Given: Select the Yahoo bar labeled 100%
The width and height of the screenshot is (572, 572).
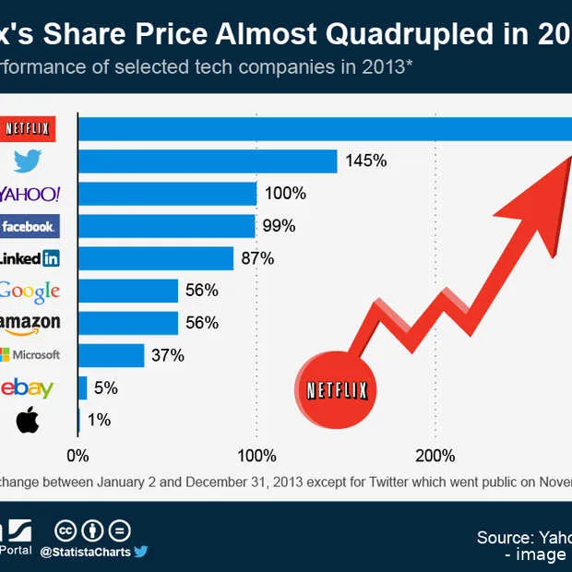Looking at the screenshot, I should pyautogui.click(x=167, y=194).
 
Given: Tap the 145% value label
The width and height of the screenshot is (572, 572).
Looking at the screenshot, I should pyautogui.click(x=365, y=161).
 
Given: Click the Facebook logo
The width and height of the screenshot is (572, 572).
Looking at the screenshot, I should pyautogui.click(x=29, y=226).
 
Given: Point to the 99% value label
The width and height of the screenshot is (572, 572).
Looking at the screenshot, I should pyautogui.click(x=278, y=226).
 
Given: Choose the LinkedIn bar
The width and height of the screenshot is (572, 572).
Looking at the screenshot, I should pyautogui.click(x=156, y=258).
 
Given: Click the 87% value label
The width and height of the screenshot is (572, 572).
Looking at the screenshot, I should pyautogui.click(x=257, y=258).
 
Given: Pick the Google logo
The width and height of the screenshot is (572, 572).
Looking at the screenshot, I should pyautogui.click(x=30, y=291).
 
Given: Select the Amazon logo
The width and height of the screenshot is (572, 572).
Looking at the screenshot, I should pyautogui.click(x=30, y=323).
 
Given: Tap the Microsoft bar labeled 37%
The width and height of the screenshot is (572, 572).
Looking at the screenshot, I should pyautogui.click(x=112, y=355).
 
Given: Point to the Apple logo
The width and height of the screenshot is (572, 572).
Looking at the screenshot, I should pyautogui.click(x=29, y=421).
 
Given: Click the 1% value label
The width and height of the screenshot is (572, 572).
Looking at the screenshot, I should pyautogui.click(x=99, y=420).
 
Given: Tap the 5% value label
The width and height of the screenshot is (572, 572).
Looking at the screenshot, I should pyautogui.click(x=105, y=387).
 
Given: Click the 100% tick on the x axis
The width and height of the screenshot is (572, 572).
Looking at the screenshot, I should pyautogui.click(x=256, y=456).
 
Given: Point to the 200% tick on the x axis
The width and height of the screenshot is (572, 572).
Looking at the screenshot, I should pyautogui.click(x=435, y=456).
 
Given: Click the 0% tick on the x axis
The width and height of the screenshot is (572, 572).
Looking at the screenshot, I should pyautogui.click(x=77, y=456).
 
